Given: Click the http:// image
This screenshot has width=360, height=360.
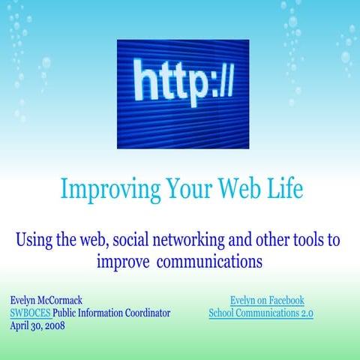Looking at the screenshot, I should click(x=182, y=83).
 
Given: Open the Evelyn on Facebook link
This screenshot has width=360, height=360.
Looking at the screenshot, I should click(x=266, y=300).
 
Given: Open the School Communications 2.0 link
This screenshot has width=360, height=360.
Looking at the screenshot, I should click(x=260, y=312).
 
